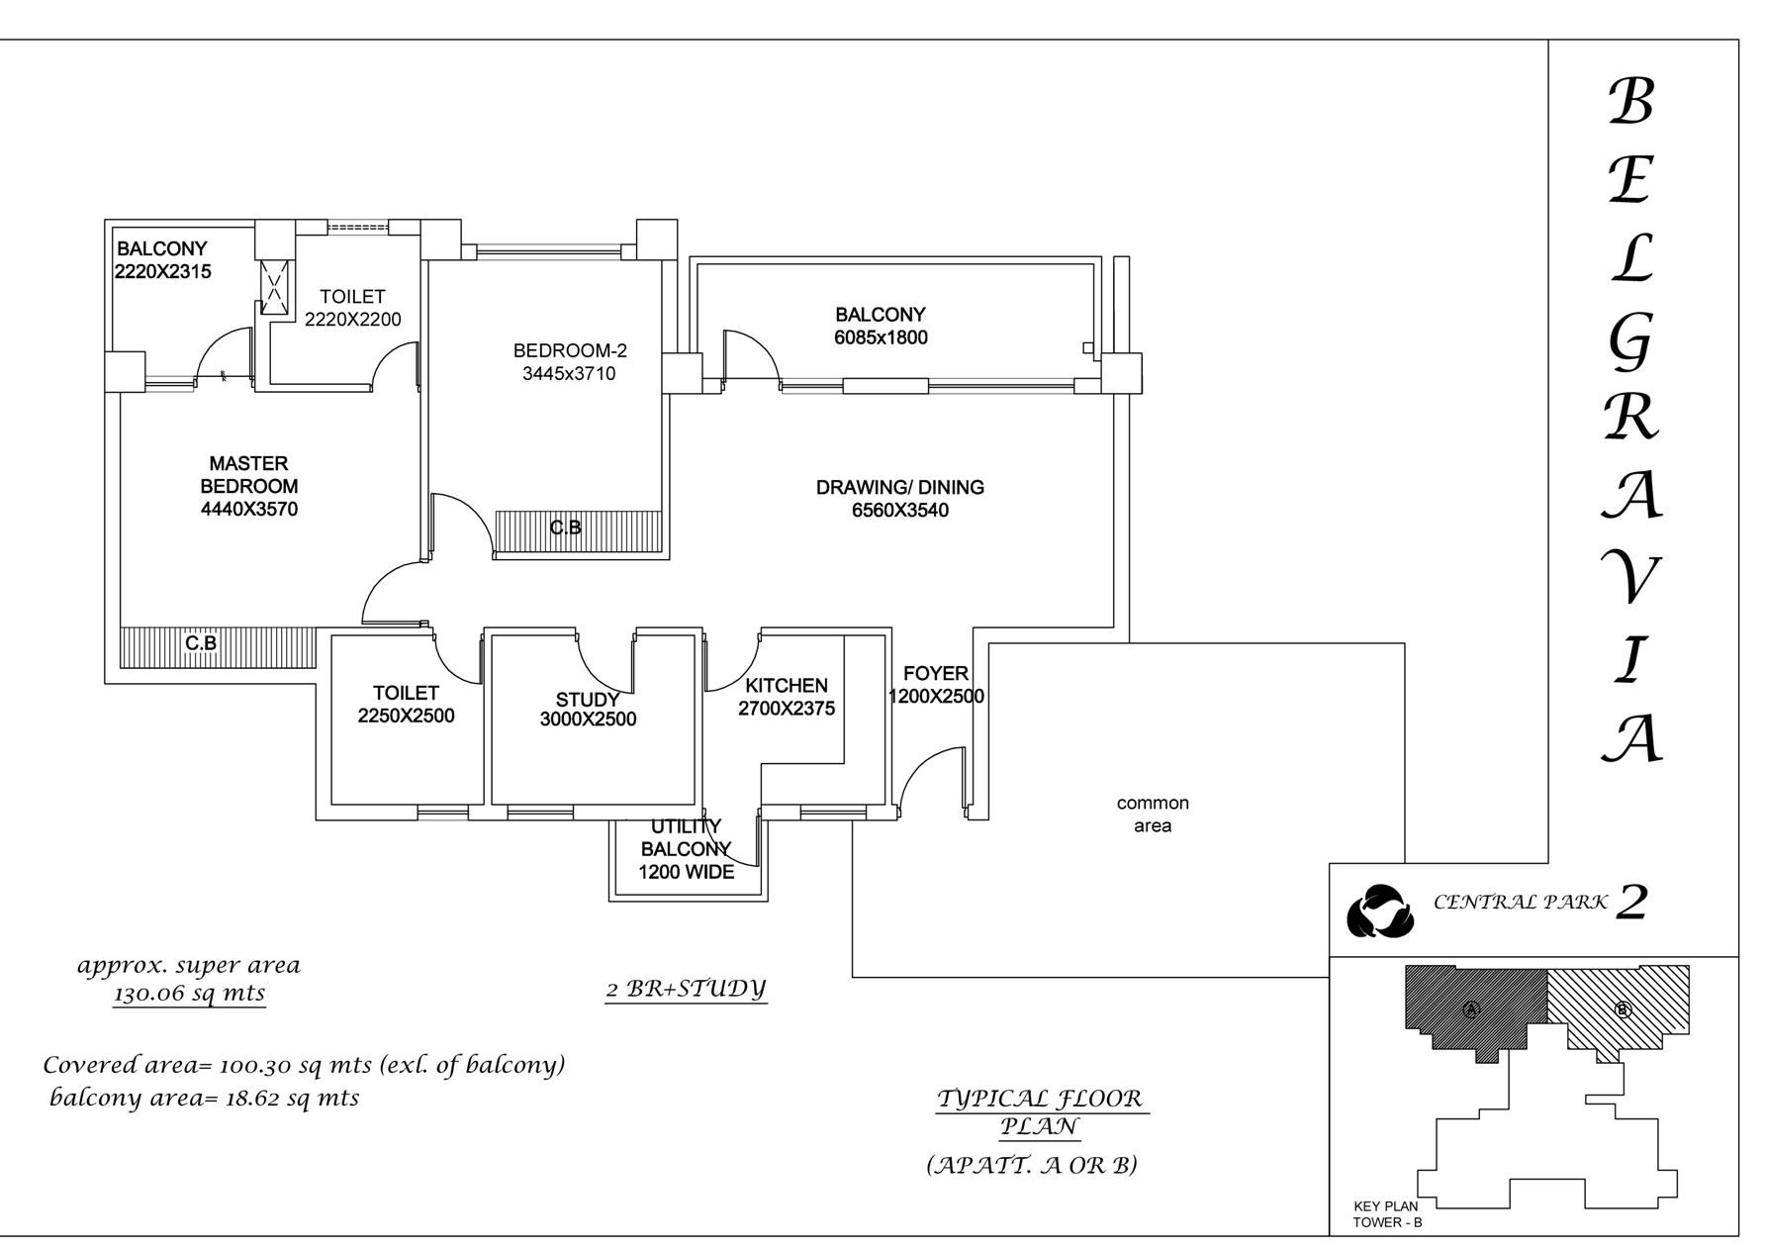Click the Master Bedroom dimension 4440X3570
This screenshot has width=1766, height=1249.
(x=249, y=510)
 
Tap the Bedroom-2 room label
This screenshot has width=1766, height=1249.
(x=570, y=350)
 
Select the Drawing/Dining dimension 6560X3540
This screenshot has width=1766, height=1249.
(x=900, y=511)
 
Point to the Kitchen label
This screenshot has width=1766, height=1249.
(x=787, y=685)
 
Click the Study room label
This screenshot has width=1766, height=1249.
(x=588, y=701)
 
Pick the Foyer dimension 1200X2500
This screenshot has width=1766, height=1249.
(x=936, y=697)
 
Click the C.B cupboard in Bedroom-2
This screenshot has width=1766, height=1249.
(x=578, y=534)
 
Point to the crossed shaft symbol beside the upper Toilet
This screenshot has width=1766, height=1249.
(x=275, y=288)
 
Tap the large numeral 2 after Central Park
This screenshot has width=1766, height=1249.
(x=1630, y=902)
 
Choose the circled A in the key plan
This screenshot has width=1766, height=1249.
(x=1470, y=1009)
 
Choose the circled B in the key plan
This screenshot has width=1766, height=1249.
(x=1622, y=1009)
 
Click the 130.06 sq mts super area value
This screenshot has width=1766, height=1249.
(x=190, y=994)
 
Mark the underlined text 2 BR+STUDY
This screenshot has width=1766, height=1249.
(x=687, y=989)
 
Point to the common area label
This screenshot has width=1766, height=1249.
(x=1153, y=815)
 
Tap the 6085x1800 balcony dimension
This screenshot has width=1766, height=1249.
(x=881, y=337)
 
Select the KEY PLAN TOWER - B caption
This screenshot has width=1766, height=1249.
(x=1387, y=1214)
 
